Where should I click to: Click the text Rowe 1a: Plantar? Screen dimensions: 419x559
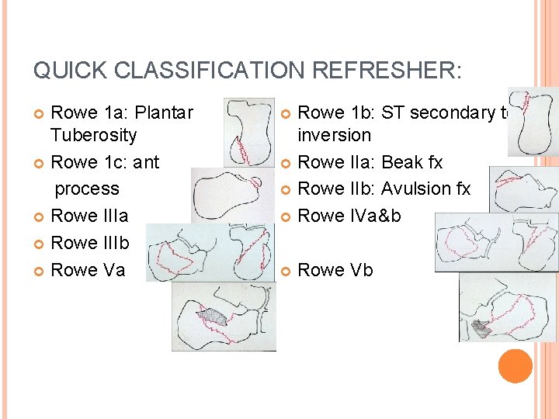(x=121, y=113)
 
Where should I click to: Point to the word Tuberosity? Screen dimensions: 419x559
(x=93, y=135)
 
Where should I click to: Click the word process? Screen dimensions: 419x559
(x=86, y=189)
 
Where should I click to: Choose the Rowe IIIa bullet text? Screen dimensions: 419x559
(x=89, y=216)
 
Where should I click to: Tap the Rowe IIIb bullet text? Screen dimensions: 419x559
(x=89, y=243)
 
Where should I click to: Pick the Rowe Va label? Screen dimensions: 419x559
(x=87, y=270)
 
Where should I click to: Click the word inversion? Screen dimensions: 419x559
(x=335, y=135)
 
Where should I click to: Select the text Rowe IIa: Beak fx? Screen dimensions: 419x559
(x=370, y=162)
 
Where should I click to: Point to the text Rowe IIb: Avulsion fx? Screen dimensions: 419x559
(x=384, y=189)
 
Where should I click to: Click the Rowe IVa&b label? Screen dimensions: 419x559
(x=349, y=216)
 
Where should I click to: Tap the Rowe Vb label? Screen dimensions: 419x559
(x=335, y=270)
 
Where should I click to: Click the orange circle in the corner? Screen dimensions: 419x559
(x=515, y=366)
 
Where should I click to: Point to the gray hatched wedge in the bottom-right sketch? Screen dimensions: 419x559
(x=481, y=329)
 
